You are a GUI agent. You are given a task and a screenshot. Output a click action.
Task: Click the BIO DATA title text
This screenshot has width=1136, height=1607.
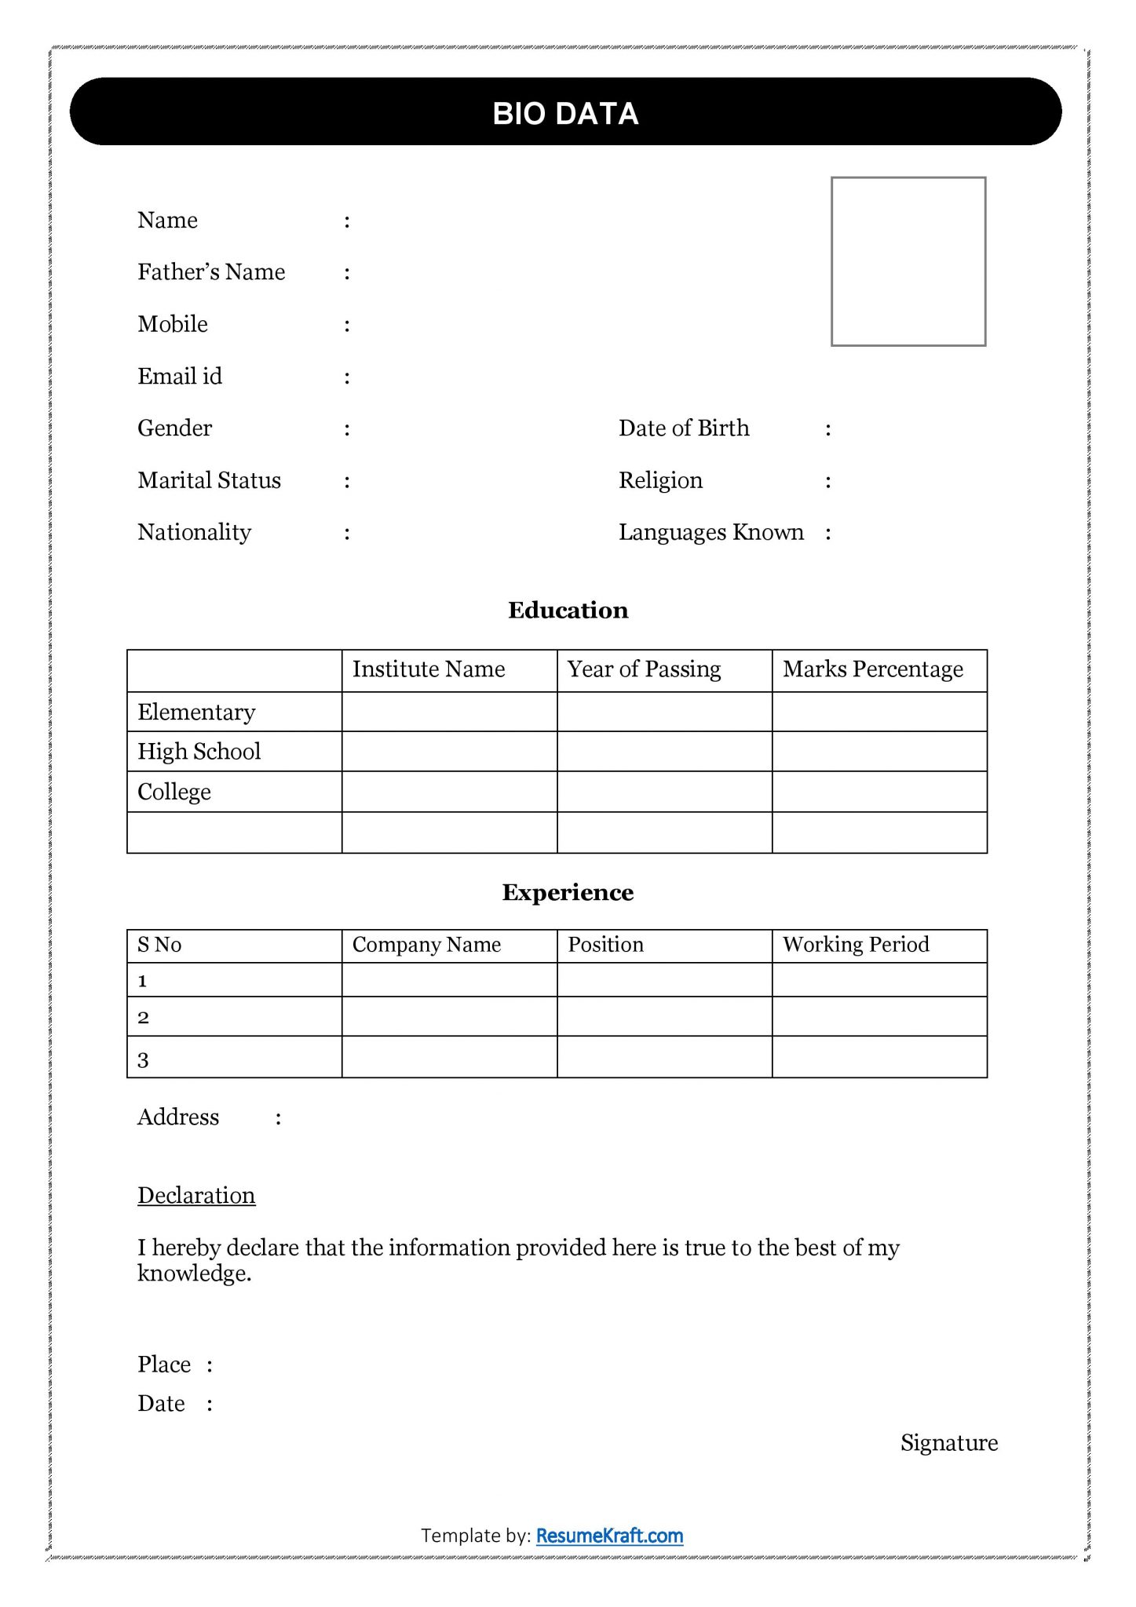565,114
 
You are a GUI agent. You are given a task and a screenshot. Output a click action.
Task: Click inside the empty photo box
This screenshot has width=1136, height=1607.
908,261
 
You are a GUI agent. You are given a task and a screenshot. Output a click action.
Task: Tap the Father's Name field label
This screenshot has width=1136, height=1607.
211,271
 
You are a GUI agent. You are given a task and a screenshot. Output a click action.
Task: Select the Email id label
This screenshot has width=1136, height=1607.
180,376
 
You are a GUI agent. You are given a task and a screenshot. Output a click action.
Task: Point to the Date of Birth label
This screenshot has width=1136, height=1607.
684,428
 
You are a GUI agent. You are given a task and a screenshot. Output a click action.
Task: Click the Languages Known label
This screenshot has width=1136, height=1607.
710,532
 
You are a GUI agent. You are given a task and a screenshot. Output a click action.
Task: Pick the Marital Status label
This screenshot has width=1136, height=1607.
209,480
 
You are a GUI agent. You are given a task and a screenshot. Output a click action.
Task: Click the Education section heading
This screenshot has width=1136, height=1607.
568,610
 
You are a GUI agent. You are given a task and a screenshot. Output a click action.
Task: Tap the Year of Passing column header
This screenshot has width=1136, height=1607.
644,669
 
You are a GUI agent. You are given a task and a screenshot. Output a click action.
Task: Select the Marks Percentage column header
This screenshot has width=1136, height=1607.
872,669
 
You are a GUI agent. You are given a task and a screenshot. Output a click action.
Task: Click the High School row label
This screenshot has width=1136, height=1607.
199,751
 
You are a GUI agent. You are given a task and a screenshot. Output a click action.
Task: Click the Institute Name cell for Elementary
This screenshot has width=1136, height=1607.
449,712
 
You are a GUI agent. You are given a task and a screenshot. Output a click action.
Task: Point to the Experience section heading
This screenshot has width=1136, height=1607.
568,892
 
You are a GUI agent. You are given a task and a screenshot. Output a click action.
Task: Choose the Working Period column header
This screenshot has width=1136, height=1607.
856,944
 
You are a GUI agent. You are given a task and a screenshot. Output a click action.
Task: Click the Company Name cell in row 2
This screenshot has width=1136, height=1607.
449,1017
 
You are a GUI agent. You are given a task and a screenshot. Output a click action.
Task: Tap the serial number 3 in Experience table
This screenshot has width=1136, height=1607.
143,1060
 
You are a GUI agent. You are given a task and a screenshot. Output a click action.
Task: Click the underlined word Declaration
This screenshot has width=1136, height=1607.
196,1195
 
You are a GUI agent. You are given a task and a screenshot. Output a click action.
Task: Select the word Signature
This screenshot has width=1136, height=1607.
948,1442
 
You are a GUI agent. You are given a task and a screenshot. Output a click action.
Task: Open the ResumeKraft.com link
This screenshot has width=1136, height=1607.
609,1536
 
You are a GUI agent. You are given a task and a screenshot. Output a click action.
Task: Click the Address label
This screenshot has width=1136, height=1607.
178,1117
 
